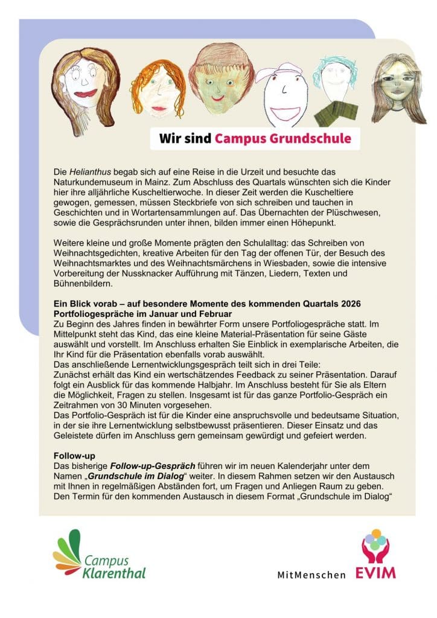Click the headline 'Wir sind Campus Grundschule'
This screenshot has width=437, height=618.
[254, 139]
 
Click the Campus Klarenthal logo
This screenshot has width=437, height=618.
[100, 554]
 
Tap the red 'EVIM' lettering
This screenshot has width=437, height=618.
[377, 572]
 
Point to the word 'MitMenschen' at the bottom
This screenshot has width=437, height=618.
[312, 575]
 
